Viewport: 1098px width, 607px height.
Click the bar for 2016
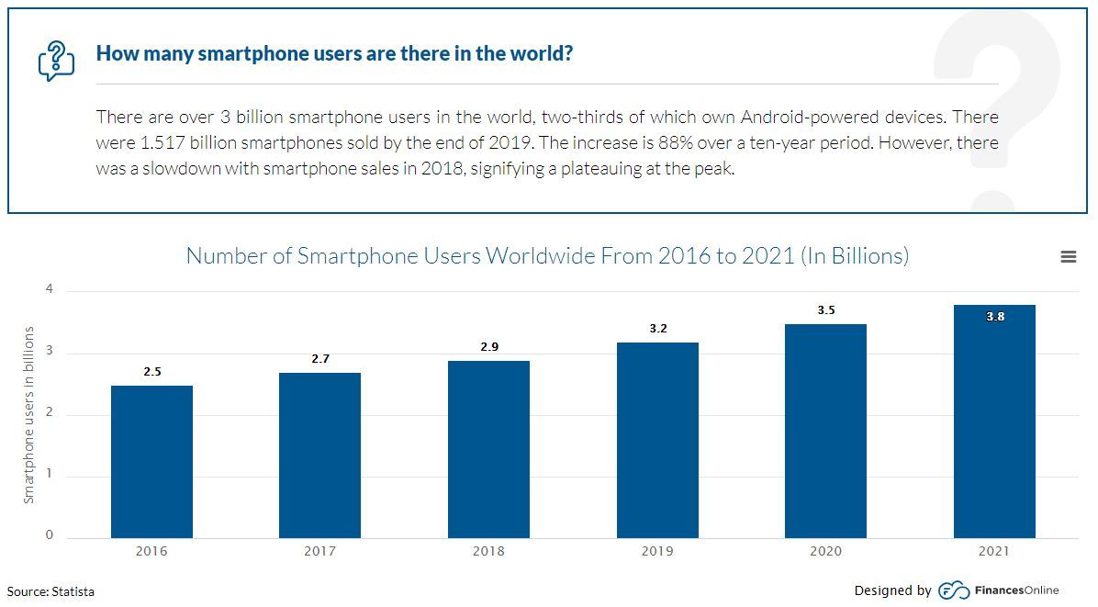(x=151, y=461)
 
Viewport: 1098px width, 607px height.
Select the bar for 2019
(x=657, y=440)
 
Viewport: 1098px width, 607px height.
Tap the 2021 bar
(x=994, y=422)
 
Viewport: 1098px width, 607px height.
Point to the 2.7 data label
(x=319, y=359)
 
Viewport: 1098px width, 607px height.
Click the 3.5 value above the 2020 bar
(x=826, y=310)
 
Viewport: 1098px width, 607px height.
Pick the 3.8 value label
(x=994, y=317)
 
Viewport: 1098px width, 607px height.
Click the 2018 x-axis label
(x=488, y=551)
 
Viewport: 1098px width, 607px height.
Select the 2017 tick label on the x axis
(x=319, y=551)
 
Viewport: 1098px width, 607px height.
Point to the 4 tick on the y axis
(x=50, y=289)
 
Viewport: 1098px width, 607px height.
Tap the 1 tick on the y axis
(x=50, y=475)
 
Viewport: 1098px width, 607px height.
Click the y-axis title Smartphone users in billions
(x=28, y=415)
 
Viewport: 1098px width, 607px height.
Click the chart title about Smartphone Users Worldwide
(x=547, y=255)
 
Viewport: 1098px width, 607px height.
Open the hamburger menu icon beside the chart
(x=1068, y=257)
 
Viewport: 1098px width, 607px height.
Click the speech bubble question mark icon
(x=56, y=60)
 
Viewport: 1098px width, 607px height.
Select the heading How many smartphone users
(x=334, y=53)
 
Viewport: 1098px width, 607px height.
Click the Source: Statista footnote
(x=50, y=591)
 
